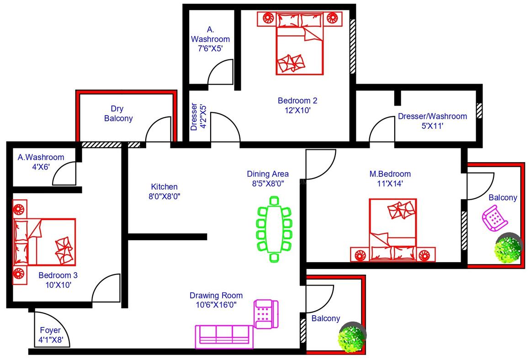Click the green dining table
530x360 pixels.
(x=274, y=228)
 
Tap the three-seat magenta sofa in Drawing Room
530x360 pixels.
(x=224, y=336)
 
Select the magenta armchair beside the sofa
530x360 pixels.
(x=266, y=314)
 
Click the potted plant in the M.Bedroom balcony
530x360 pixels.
(x=508, y=249)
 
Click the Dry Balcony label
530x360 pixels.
(x=118, y=114)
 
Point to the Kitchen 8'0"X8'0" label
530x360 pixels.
(x=164, y=191)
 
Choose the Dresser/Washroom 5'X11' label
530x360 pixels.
(x=432, y=121)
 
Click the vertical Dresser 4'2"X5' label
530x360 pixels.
(x=199, y=117)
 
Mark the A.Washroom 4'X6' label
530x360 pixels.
(x=41, y=162)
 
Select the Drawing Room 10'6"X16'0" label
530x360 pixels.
(x=216, y=300)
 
